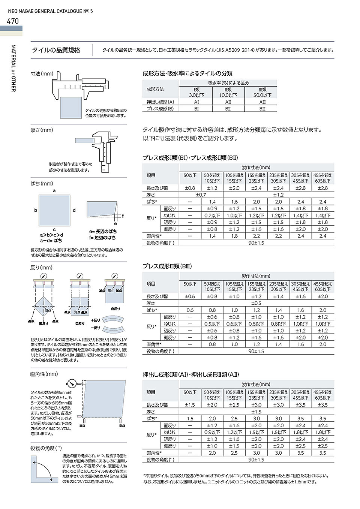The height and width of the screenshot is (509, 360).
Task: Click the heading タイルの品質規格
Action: pos(56,50)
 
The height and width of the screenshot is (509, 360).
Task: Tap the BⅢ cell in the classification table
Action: pos(262,109)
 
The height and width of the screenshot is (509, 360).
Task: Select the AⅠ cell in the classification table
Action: pos(196,102)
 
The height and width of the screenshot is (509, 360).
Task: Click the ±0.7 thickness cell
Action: pos(201,195)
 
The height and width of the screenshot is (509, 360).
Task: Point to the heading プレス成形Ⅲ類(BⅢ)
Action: pos(167,266)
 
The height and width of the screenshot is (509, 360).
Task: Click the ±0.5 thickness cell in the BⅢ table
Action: pos(256,303)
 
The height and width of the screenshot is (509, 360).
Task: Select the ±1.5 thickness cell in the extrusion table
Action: pos(256,412)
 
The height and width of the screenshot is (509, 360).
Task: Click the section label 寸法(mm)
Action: pos(42,74)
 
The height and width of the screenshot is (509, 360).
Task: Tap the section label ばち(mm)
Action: pos(42,183)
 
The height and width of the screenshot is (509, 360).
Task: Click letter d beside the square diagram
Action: pos(74,210)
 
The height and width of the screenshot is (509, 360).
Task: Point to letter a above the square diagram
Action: pos(54,191)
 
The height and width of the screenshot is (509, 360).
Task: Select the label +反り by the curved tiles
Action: pos(96,320)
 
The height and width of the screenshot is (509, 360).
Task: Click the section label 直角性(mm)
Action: pos(44,374)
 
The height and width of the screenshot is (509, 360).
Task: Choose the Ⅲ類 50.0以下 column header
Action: pos(262,92)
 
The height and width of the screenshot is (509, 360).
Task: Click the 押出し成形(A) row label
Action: pos(160,102)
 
